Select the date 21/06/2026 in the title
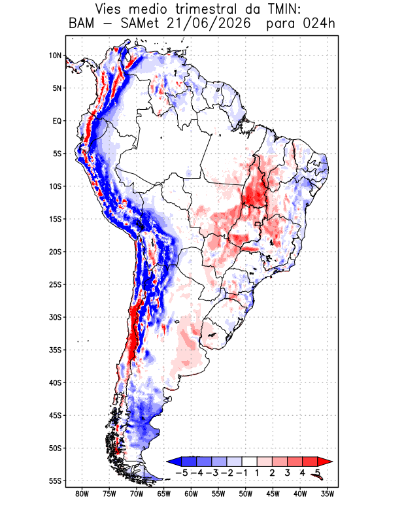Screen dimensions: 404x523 (208, 24)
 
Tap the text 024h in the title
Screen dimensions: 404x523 (319, 24)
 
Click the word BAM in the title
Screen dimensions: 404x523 (82, 24)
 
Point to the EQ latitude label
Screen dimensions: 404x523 (57, 121)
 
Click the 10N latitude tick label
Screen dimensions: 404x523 (55, 56)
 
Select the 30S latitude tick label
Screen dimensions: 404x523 (55, 317)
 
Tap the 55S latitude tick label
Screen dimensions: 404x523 (55, 481)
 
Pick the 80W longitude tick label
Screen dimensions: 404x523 (82, 494)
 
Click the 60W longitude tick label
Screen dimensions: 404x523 (191, 494)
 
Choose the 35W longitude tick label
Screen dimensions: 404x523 (328, 494)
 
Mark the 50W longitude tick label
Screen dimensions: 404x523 (246, 494)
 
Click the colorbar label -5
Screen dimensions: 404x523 (181, 473)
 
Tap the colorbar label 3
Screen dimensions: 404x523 (287, 473)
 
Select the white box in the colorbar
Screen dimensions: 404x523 (250, 462)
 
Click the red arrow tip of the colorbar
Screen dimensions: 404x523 (332, 462)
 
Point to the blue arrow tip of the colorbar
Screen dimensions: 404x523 (167, 462)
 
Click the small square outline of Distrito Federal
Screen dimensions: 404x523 (257, 224)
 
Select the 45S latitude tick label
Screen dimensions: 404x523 (55, 416)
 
